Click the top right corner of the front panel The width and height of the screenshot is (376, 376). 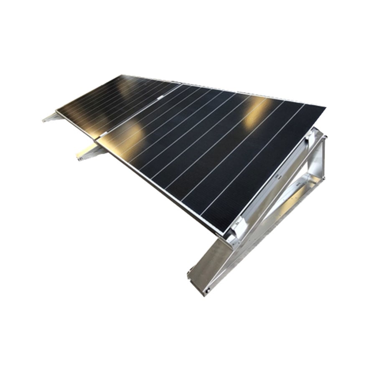[325, 108]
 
